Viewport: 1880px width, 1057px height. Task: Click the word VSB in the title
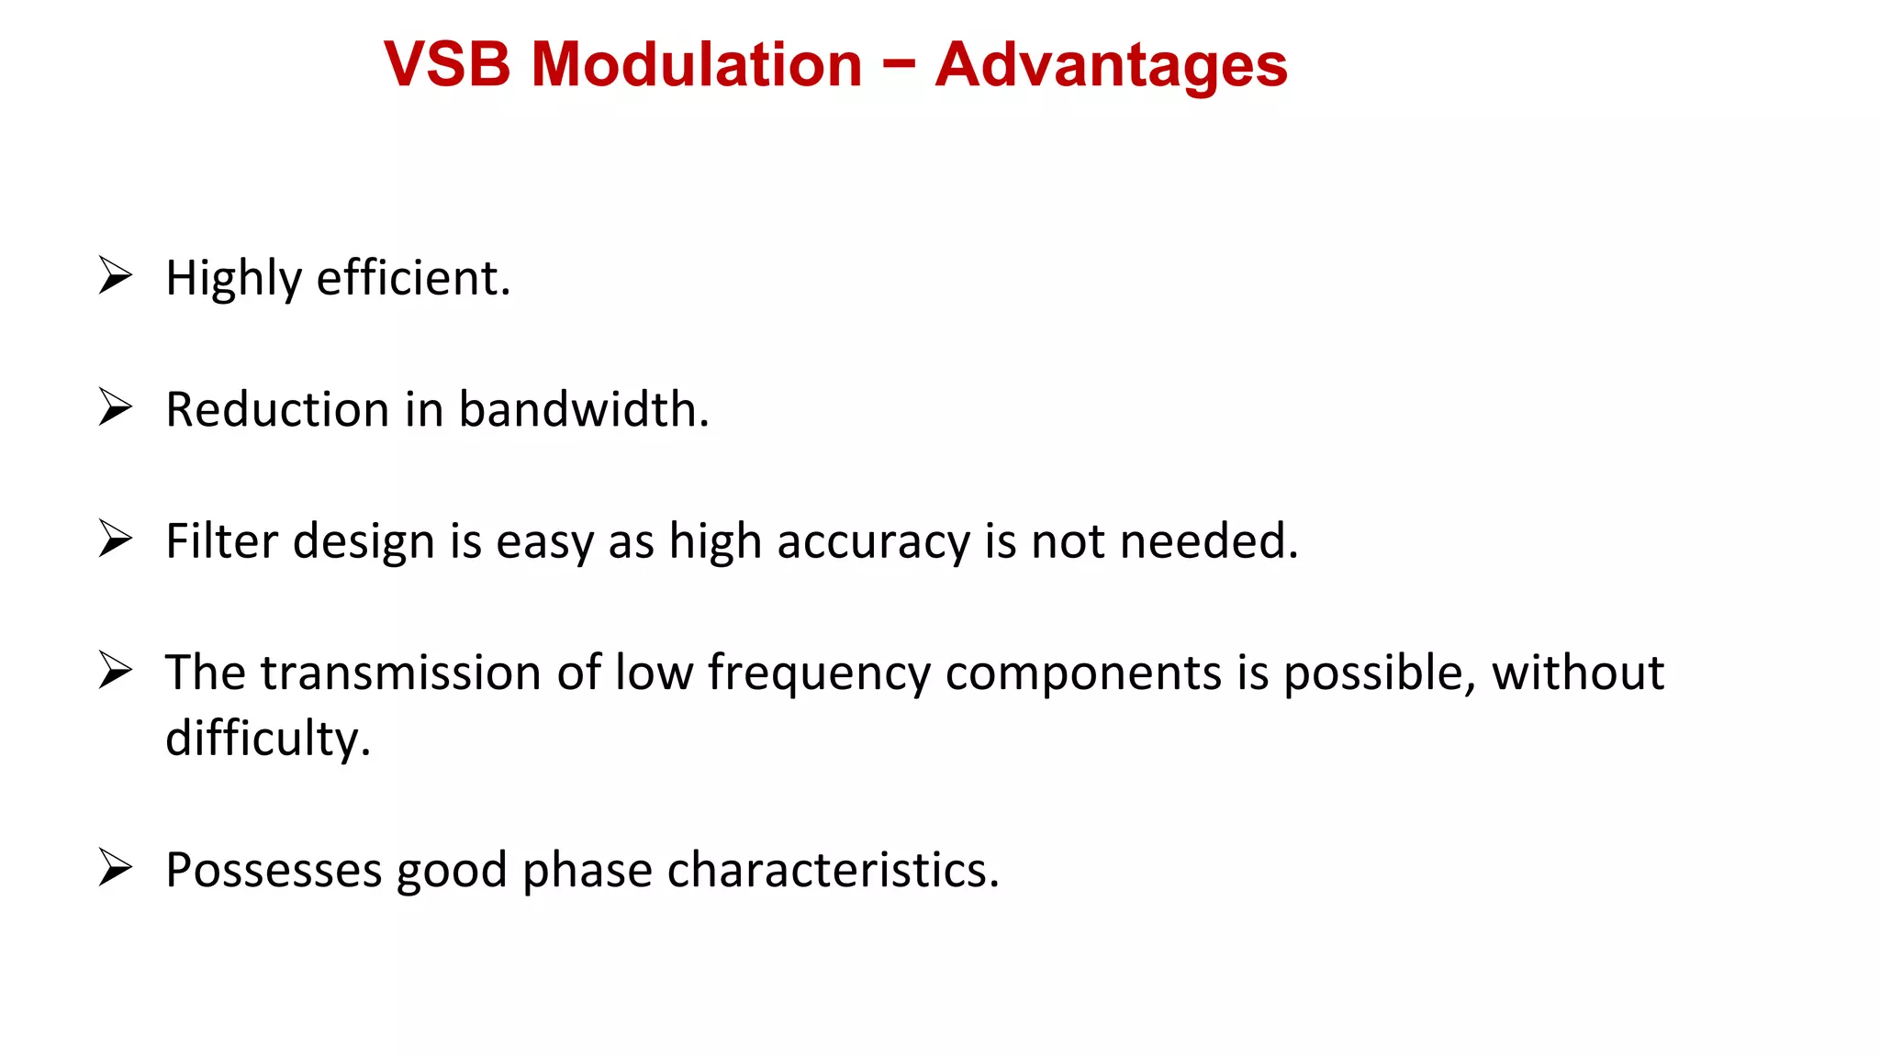pos(447,65)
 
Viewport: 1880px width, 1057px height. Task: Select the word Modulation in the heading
pos(697,65)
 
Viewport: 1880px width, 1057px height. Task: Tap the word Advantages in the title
pos(1111,65)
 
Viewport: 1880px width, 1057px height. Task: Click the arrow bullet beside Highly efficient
pos(116,276)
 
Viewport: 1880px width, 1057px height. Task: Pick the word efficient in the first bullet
pos(413,278)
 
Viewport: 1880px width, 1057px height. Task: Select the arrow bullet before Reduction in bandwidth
pos(116,407)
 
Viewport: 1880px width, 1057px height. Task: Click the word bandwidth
pos(584,409)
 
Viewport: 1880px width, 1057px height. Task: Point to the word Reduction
pos(277,409)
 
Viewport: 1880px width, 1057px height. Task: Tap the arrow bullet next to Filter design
pos(116,539)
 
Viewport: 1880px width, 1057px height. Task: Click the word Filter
pos(221,540)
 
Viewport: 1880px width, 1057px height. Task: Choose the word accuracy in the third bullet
pos(873,542)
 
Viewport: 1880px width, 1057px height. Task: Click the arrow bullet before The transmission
pos(116,671)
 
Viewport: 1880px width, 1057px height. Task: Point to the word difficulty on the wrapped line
pos(267,740)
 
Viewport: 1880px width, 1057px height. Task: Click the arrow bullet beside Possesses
pos(116,868)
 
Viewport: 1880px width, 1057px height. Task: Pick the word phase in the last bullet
pos(587,871)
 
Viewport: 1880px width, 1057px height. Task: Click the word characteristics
pos(832,870)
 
